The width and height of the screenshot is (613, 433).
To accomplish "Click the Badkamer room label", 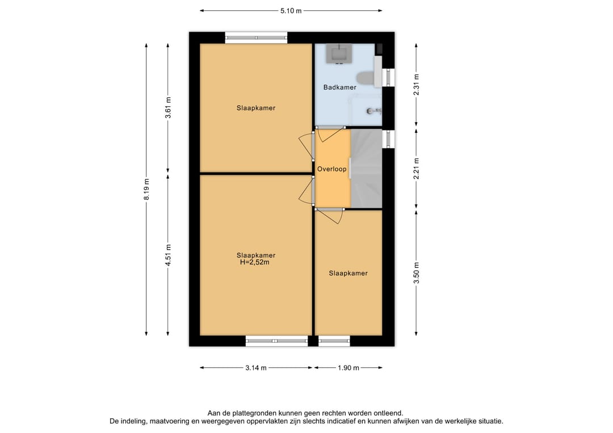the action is tap(340, 87).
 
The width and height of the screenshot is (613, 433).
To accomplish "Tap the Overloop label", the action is tap(332, 169).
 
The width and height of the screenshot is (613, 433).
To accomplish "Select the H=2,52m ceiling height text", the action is tap(254, 262).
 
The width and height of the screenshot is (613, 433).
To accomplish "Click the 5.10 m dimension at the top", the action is tap(291, 11).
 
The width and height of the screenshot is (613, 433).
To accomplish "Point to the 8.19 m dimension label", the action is tap(146, 189).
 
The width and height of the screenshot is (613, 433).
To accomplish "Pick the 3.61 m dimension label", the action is tap(168, 107).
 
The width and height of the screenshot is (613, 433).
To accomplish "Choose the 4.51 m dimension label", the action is tap(168, 255).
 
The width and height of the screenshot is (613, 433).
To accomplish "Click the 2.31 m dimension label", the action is tap(417, 85).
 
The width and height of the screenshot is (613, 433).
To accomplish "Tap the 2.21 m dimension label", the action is tap(417, 169).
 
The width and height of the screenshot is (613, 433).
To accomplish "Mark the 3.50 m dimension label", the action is tap(417, 273).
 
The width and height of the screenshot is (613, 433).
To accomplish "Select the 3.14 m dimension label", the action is tap(256, 368).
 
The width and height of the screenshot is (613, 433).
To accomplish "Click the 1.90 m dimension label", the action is tap(349, 368).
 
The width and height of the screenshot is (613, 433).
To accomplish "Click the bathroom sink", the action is tap(339, 53).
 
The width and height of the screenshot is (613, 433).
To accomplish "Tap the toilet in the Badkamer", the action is tap(365, 78).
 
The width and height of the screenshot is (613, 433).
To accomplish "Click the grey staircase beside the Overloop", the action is tap(366, 169).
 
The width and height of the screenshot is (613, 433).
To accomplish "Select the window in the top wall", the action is tap(256, 38).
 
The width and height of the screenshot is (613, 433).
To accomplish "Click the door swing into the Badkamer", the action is tap(331, 134).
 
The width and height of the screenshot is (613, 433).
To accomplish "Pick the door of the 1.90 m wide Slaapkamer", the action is tap(330, 216).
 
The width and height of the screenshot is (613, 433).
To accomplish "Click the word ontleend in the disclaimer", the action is tap(388, 413).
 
